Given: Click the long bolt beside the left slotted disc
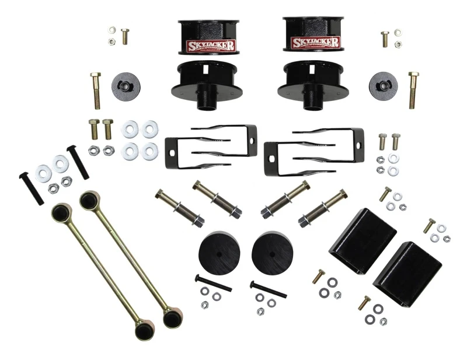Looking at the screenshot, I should (96, 90).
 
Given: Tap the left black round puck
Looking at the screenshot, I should (219, 251).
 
